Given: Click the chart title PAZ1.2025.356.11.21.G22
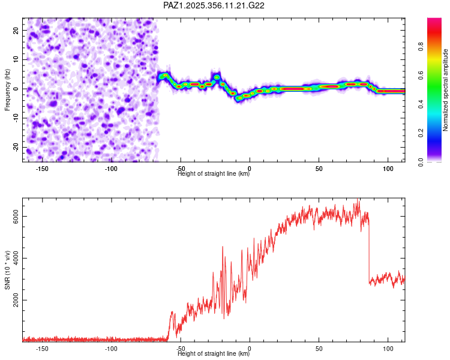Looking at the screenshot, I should pyautogui.click(x=214, y=5).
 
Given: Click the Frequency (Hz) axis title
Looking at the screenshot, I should pyautogui.click(x=8, y=89).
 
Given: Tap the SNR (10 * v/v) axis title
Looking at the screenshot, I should pyautogui.click(x=8, y=270).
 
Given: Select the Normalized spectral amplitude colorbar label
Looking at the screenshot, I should pyautogui.click(x=446, y=90).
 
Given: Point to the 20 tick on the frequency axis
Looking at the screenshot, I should pyautogui.click(x=16, y=30).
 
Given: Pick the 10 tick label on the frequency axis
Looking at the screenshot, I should pyautogui.click(x=16, y=59).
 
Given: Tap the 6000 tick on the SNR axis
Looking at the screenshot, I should pyautogui.click(x=16, y=217).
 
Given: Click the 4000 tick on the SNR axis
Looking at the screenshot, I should pyautogui.click(x=16, y=259).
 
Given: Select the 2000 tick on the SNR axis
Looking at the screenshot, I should pyautogui.click(x=16, y=301).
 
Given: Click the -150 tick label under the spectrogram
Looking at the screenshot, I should pyautogui.click(x=42, y=169).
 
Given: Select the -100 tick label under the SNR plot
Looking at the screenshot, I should pyautogui.click(x=111, y=349).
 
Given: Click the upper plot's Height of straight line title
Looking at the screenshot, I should pyautogui.click(x=214, y=174).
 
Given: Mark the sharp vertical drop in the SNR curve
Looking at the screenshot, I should pyautogui.click(x=368, y=252).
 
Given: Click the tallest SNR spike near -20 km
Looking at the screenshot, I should pyautogui.click(x=223, y=247).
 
